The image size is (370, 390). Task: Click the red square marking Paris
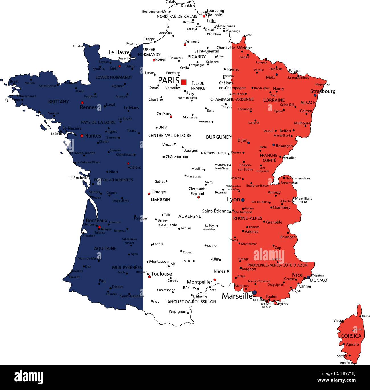[x=184, y=82]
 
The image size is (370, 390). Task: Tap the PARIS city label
[x=168, y=80]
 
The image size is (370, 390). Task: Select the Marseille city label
[x=237, y=296]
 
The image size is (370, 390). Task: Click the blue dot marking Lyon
[x=243, y=200]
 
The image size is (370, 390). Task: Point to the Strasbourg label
[x=323, y=91]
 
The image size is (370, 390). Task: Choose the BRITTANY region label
[x=58, y=102]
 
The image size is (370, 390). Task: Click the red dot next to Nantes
[x=82, y=136]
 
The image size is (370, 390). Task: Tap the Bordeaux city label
[x=96, y=220]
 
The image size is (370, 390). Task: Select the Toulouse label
[x=161, y=274]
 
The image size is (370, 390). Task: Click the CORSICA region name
[x=351, y=336]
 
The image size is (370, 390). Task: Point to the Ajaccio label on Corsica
[x=352, y=344]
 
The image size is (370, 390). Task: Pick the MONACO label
[x=318, y=280]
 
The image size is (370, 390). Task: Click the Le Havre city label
[x=119, y=52]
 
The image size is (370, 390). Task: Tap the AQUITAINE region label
[x=105, y=248]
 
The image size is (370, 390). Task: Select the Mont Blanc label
[x=304, y=199]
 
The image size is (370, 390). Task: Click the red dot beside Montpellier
[x=215, y=280]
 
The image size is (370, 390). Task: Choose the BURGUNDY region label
[x=219, y=137]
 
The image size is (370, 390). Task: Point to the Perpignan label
[x=177, y=311]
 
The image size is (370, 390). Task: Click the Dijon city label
[x=242, y=140]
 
